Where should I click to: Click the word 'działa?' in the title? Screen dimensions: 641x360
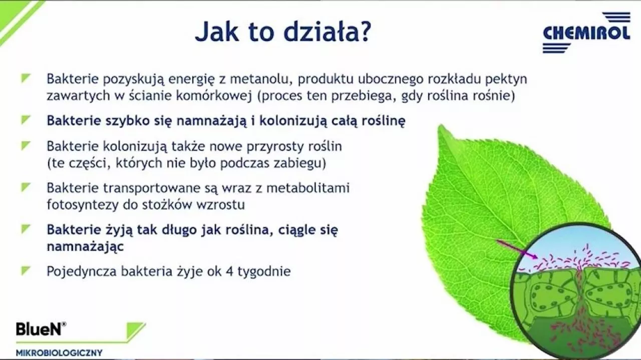tap(327, 32)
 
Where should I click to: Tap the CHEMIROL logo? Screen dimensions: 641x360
tap(586, 33)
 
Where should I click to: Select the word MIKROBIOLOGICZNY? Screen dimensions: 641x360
tap(59, 353)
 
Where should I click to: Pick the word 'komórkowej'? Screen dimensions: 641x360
tap(214, 96)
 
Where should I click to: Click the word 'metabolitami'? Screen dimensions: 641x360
tap(308, 188)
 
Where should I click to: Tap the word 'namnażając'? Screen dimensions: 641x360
tap(85, 247)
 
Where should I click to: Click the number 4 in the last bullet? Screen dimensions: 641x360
tap(229, 271)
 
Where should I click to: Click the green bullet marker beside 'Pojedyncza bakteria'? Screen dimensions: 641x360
tap(25, 270)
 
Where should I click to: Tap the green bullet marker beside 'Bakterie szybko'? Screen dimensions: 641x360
tap(25, 120)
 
